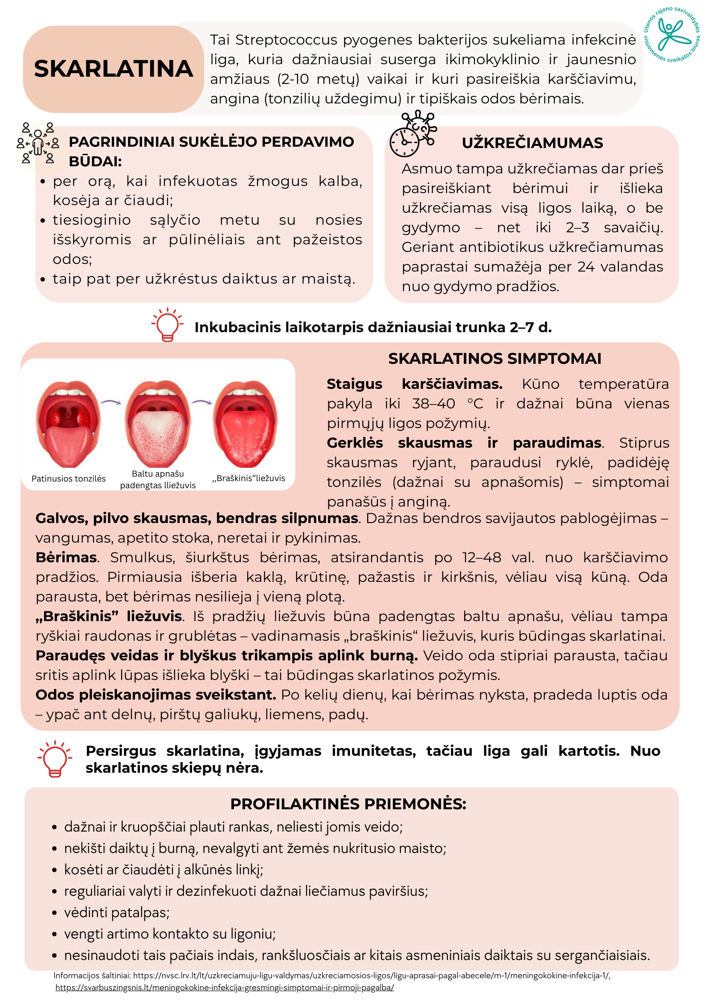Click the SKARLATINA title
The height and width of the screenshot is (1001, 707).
coord(113,69)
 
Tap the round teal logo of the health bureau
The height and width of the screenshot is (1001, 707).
coord(672,34)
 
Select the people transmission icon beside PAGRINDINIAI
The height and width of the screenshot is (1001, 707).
coord(38,144)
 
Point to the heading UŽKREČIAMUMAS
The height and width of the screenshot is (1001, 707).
coord(532,143)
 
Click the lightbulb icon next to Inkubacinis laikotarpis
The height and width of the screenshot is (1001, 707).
coord(168,325)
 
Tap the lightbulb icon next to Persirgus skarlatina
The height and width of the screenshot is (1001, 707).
coord(55,759)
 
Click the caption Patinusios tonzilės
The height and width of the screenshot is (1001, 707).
coord(69,478)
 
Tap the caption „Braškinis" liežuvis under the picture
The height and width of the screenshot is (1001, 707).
coord(249,478)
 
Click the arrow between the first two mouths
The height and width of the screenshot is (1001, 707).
coord(111,402)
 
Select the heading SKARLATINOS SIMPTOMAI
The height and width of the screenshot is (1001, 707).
coord(494,358)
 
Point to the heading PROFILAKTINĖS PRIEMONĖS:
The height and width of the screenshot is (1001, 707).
coord(348,803)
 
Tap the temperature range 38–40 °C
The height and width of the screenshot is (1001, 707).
coord(447,404)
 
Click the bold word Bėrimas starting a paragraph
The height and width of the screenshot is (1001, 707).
coord(66,557)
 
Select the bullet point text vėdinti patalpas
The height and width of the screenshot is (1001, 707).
coord(117,912)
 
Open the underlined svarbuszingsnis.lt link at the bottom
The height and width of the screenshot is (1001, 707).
coord(225,988)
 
